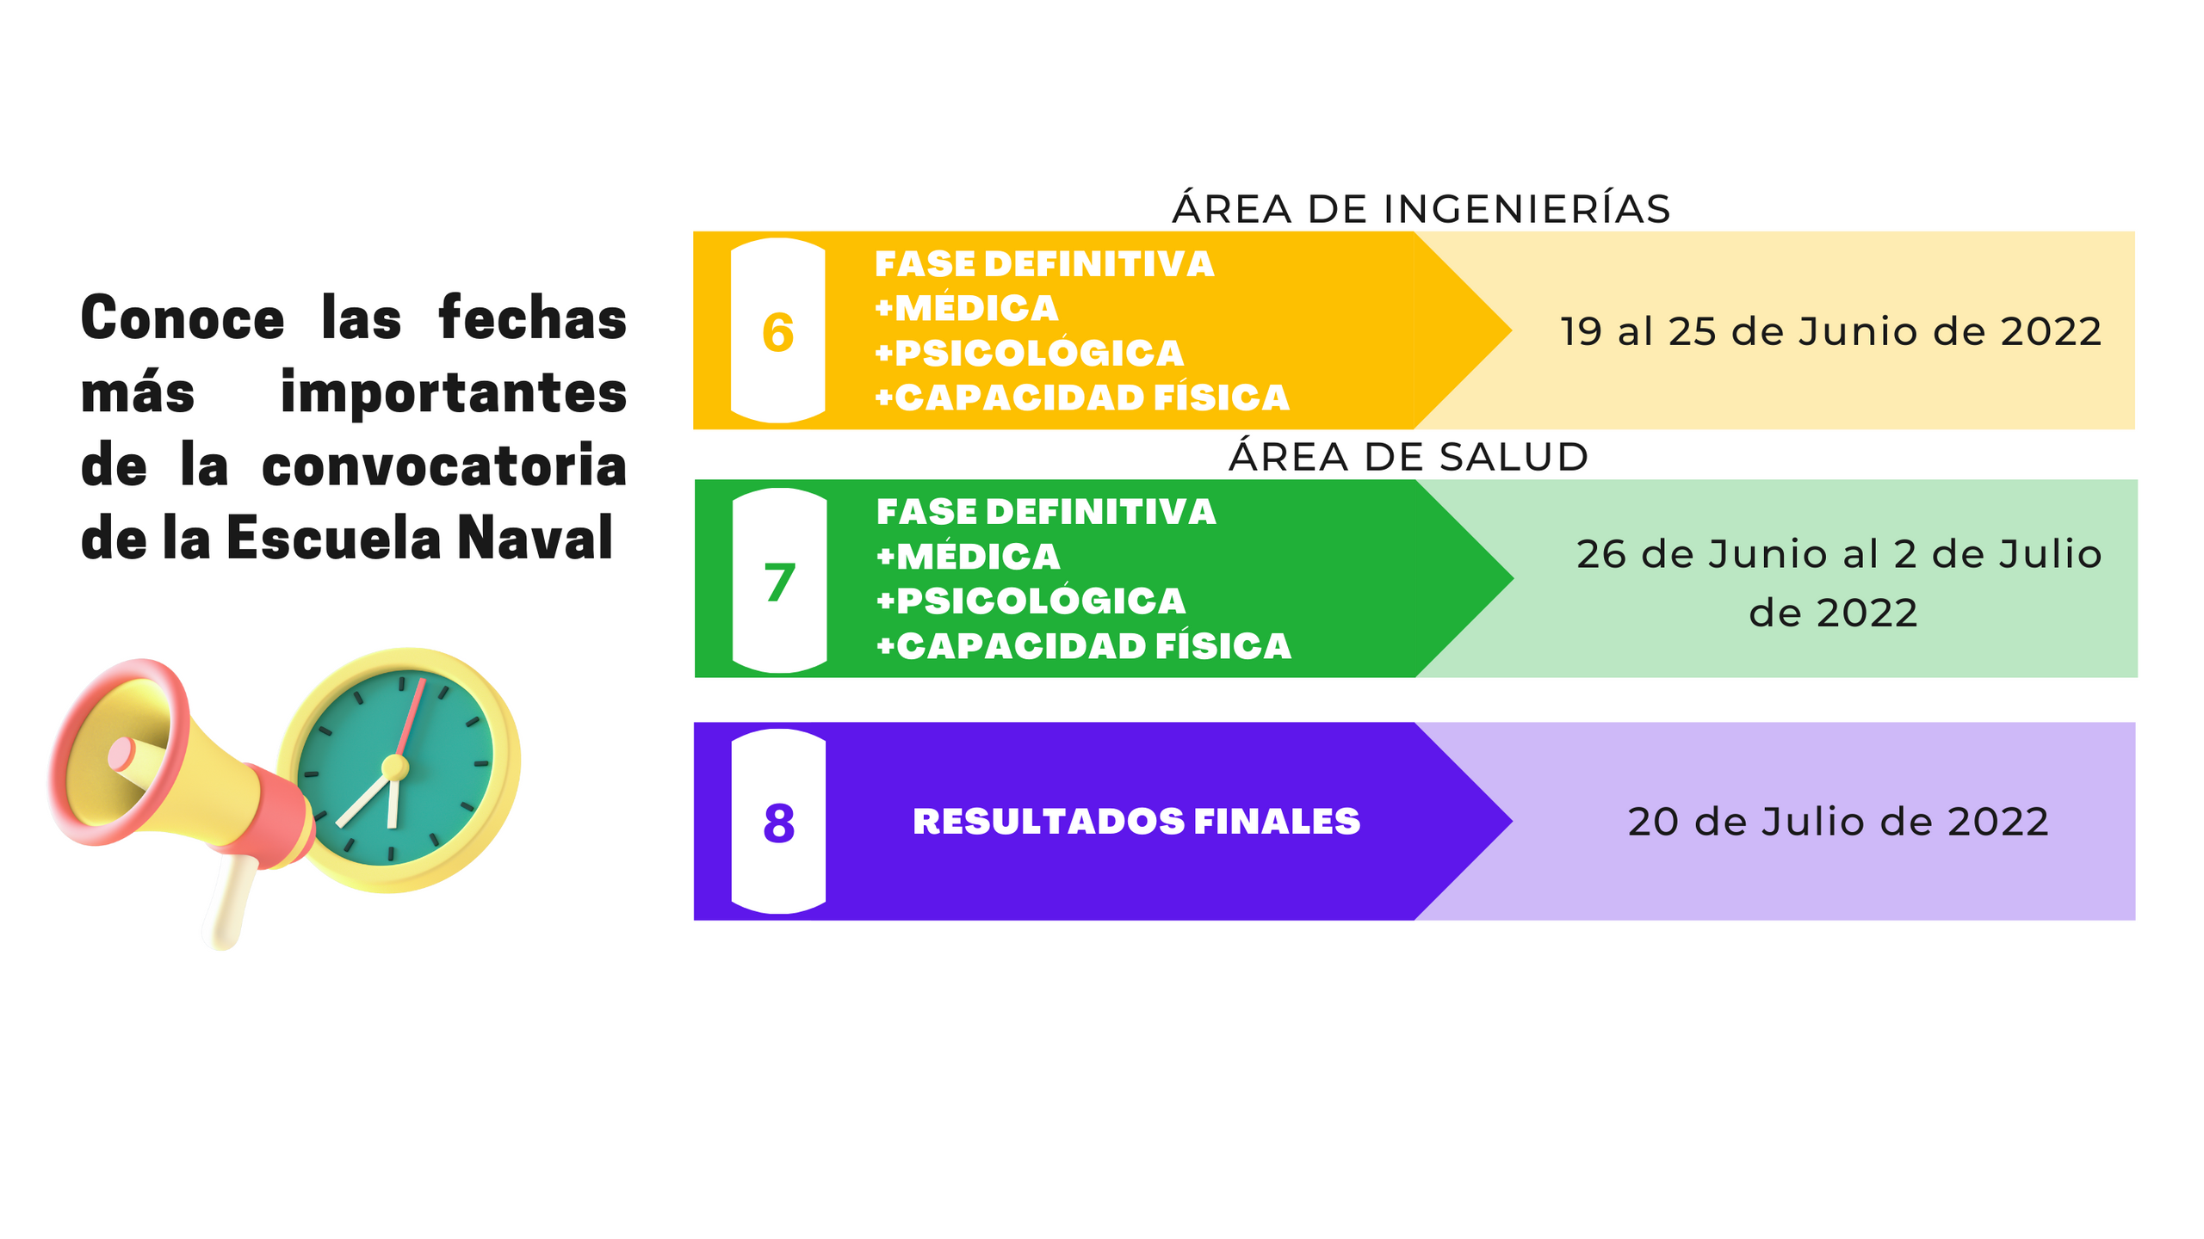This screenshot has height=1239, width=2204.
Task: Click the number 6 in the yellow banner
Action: (x=777, y=333)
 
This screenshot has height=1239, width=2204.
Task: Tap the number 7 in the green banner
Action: (x=779, y=583)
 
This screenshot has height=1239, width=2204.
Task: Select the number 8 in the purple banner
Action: (x=778, y=823)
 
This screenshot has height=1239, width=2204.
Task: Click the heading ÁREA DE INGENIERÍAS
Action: (x=1421, y=209)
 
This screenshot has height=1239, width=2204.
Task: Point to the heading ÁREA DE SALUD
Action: (x=1408, y=457)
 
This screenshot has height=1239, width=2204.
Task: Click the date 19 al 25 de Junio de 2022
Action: (x=1830, y=331)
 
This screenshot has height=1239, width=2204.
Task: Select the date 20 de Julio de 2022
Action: (x=1837, y=822)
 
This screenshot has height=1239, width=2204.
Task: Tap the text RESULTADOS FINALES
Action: (x=1136, y=822)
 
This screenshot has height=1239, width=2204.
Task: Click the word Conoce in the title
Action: (x=183, y=318)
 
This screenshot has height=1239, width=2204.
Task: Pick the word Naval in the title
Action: (x=535, y=539)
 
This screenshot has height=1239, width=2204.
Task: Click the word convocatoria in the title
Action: (x=444, y=465)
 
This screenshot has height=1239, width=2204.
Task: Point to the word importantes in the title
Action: (x=454, y=392)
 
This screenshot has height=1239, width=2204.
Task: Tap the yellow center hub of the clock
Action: (x=394, y=766)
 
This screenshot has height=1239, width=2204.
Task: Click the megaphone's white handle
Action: (x=229, y=903)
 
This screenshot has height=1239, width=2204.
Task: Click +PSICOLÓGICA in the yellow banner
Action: (x=1029, y=353)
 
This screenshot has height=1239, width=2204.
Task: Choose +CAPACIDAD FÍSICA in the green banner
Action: (x=1083, y=646)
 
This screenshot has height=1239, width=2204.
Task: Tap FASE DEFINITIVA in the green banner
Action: (x=1045, y=512)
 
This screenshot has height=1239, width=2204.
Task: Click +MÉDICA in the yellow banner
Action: (x=966, y=308)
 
